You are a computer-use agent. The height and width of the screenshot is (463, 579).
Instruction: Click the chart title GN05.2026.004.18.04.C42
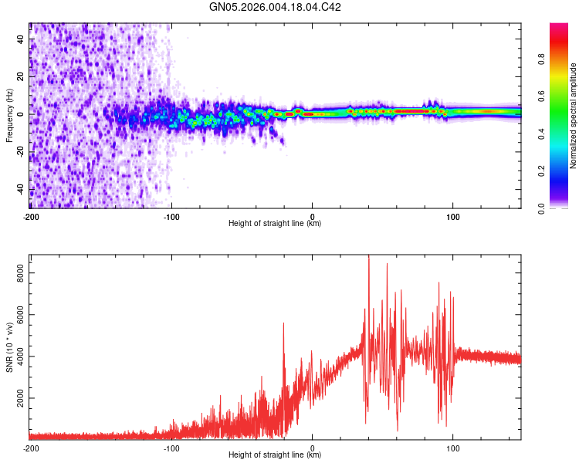coord(276,8)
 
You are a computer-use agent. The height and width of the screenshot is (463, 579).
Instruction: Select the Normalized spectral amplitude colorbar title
coord(574,116)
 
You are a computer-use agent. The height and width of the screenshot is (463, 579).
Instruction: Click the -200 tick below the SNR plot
coord(30,448)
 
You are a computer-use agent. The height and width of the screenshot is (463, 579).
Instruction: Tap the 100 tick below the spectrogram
coord(452,216)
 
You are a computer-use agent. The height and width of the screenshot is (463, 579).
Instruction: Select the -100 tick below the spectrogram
coord(171,216)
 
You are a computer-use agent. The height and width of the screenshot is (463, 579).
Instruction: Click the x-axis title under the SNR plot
coord(275,455)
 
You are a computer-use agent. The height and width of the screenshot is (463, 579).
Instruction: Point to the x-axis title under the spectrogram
coord(275,224)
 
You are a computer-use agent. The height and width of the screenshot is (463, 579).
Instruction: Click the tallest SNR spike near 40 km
coord(368,257)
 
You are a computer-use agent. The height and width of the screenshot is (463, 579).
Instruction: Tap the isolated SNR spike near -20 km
coord(283,325)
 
